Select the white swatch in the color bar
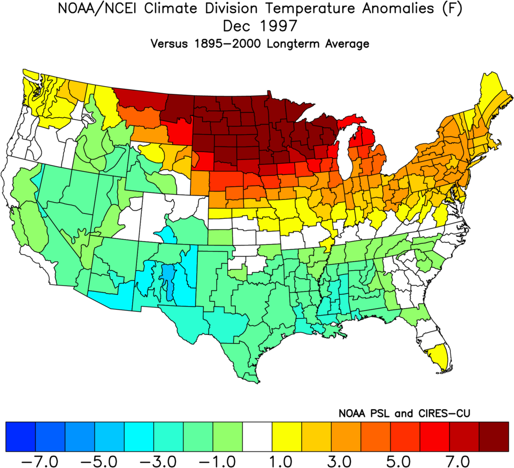257,436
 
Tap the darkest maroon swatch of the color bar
494,436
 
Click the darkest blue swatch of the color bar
20,436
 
